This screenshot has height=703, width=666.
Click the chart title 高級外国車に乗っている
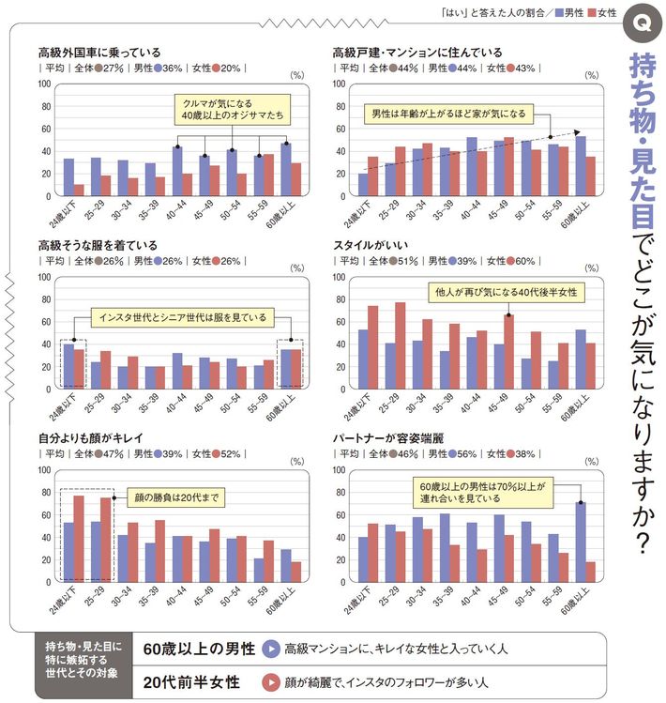tap(98, 53)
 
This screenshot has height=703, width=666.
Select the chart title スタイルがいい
tap(371, 245)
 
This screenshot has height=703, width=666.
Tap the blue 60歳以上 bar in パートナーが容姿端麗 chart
tap(581, 537)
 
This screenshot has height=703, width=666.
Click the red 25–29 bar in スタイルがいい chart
tap(400, 344)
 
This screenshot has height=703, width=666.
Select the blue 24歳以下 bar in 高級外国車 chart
tap(68, 177)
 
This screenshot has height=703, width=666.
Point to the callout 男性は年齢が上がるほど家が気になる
tap(448, 115)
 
